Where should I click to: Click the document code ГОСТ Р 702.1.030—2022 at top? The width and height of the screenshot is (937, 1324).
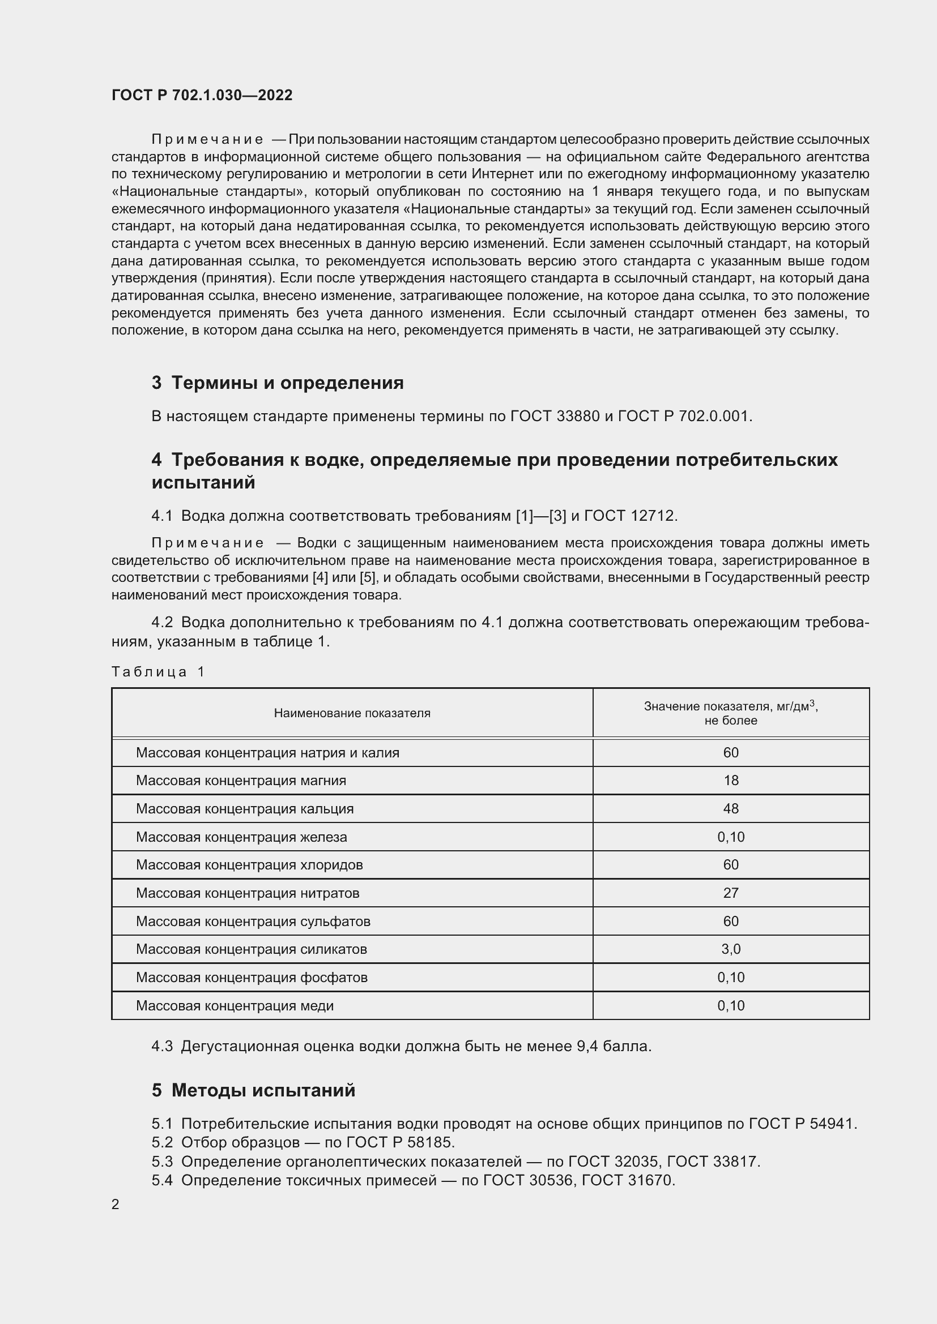202,95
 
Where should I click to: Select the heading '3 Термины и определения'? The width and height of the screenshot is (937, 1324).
278,382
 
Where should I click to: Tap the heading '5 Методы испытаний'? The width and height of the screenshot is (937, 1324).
253,1090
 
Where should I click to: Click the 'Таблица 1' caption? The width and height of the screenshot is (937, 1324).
158,671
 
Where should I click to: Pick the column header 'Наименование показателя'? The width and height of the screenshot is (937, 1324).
352,713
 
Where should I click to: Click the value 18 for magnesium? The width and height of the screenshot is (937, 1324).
730,781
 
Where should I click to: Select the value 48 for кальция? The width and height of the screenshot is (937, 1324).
730,809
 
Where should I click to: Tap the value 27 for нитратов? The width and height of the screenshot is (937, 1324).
730,893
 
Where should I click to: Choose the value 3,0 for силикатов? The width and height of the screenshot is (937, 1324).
730,949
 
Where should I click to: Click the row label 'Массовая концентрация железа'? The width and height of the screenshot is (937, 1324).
241,837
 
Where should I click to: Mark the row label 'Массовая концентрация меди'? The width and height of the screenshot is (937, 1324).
235,1006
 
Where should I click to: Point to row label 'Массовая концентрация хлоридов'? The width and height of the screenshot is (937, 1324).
249,865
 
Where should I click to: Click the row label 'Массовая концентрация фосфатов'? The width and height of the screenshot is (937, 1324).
252,978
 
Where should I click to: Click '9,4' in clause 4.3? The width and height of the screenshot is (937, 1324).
587,1046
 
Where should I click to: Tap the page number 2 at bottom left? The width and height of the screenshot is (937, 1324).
116,1204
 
